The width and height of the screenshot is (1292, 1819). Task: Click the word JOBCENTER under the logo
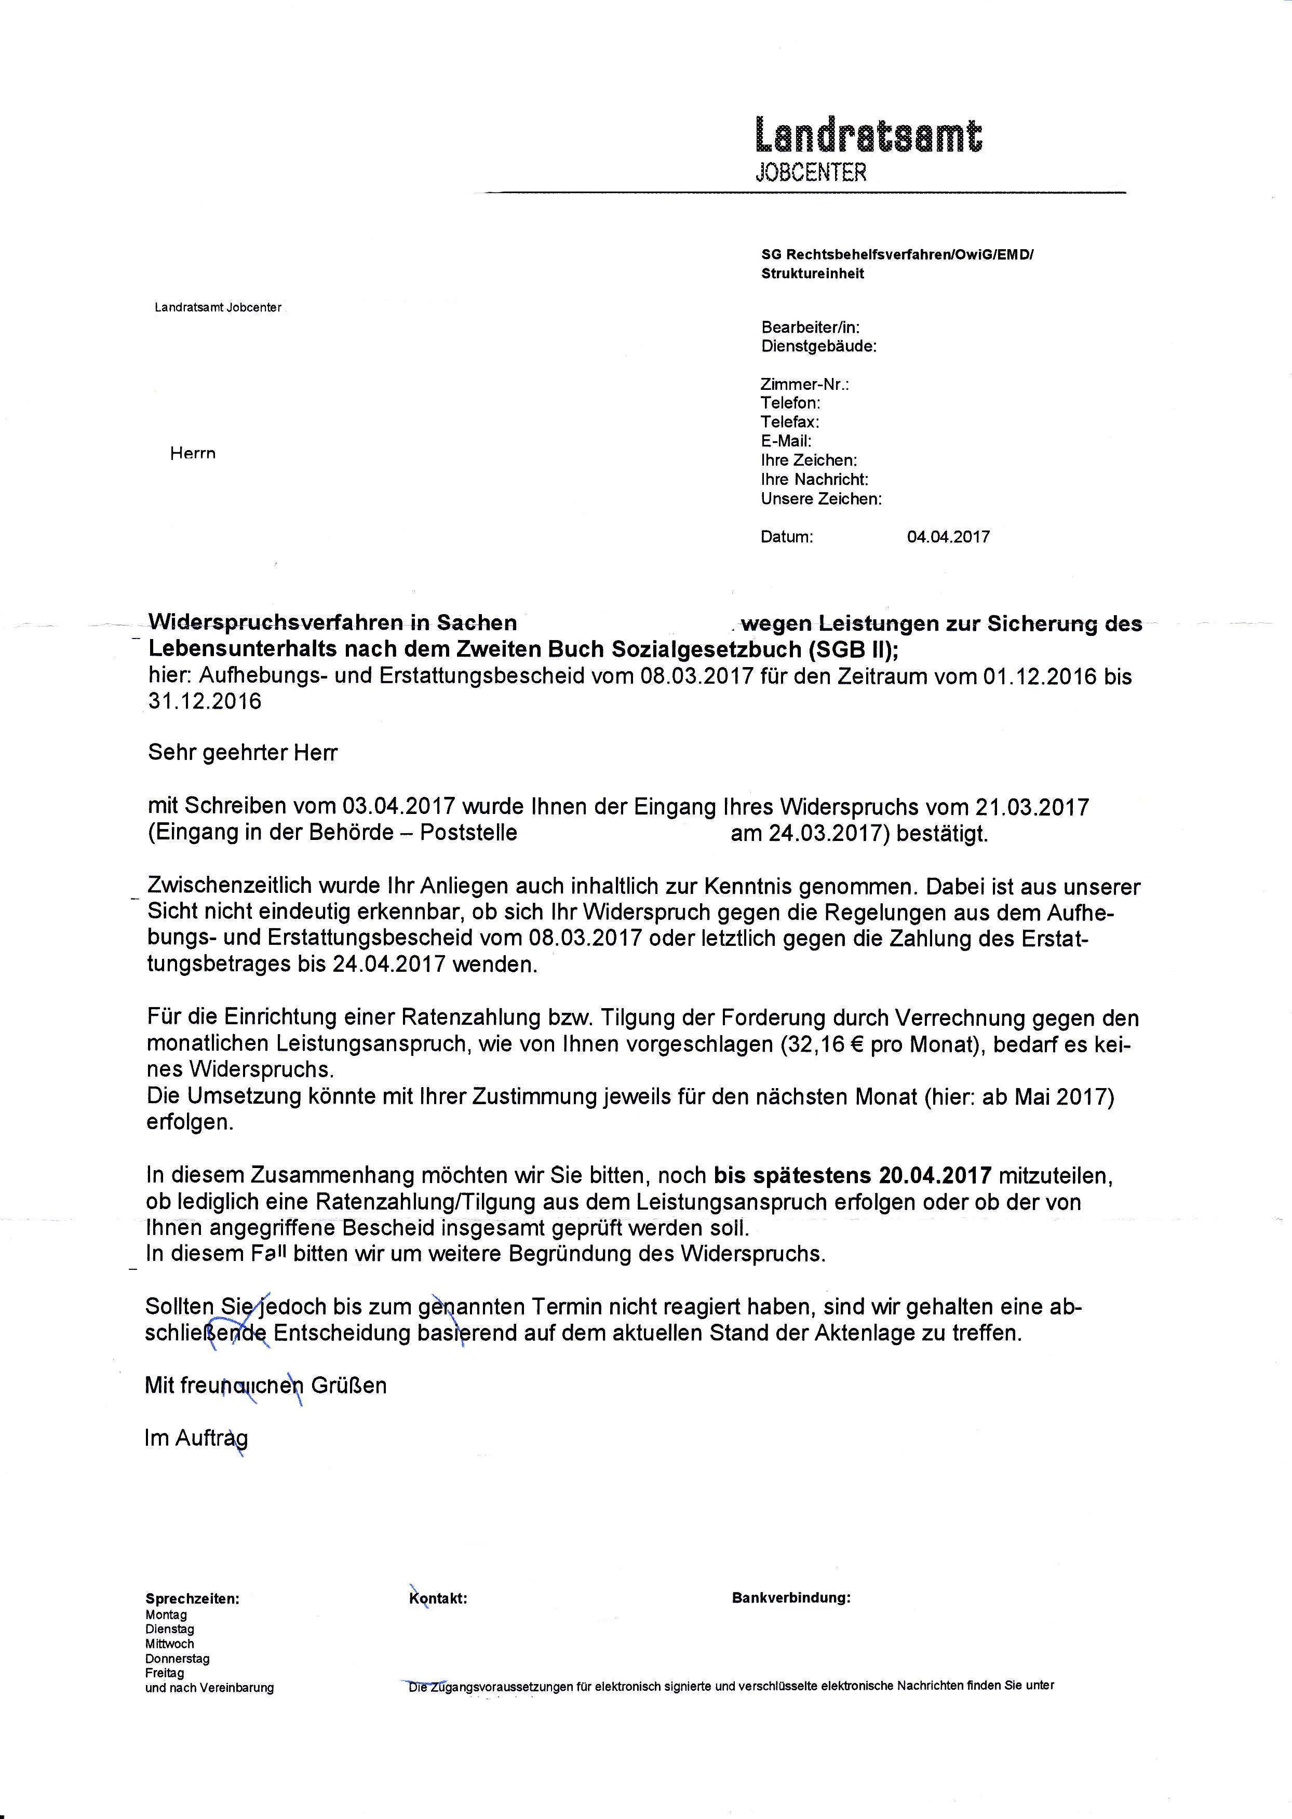(810, 172)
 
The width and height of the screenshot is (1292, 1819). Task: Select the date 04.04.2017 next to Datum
(948, 537)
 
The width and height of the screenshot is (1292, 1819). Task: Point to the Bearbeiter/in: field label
(810, 327)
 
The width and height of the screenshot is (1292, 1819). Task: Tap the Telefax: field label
(789, 423)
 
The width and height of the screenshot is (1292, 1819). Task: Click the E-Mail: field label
(786, 441)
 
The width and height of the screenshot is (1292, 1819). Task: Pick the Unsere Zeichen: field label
(821, 499)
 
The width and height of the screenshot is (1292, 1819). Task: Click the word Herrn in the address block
(193, 454)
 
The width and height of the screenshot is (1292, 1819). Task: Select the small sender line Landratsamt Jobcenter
(218, 308)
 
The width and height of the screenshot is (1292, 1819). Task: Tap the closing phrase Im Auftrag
(196, 1438)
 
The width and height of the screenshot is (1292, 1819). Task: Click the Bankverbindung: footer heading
(791, 1598)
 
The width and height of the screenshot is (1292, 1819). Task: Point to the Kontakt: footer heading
(438, 1599)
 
